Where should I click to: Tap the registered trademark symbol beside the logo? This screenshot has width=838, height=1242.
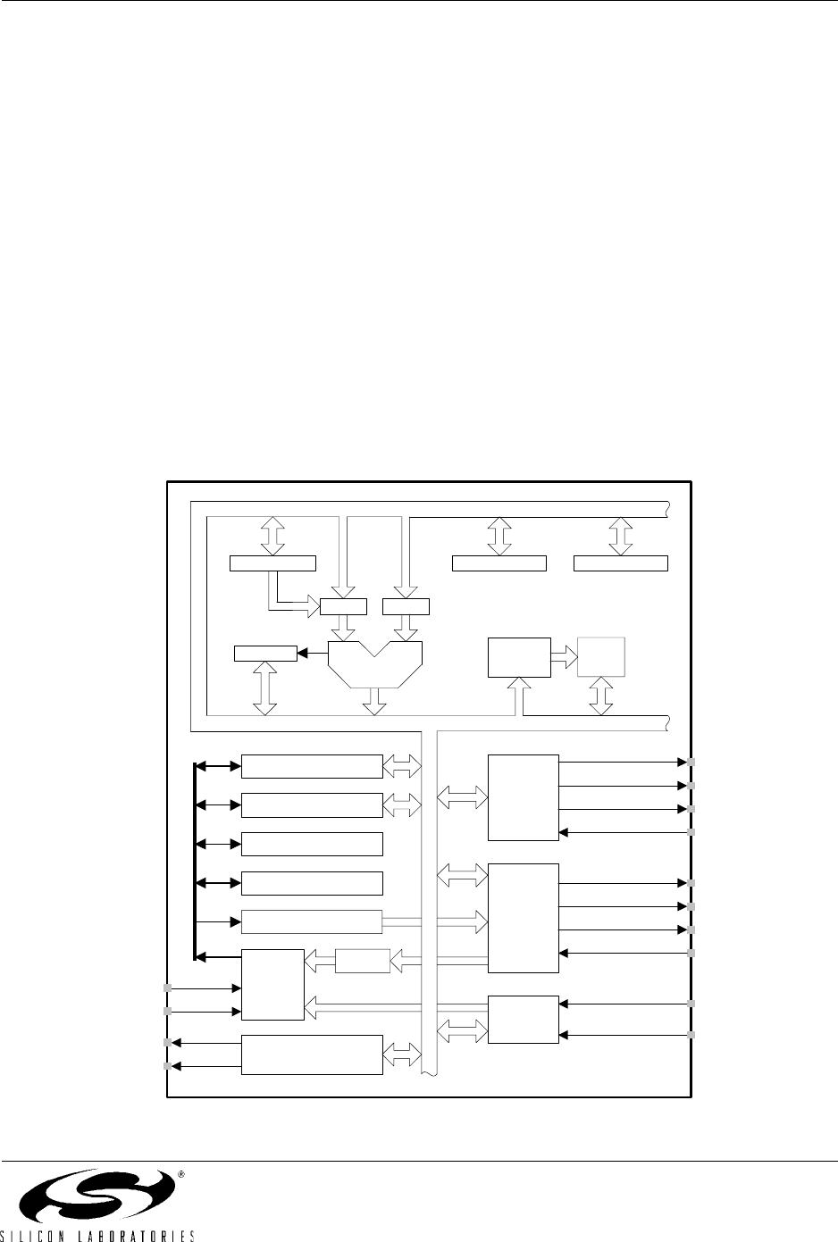point(181,1175)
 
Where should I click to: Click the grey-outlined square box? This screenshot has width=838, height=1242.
point(602,658)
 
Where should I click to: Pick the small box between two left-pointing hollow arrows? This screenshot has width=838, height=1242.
point(363,961)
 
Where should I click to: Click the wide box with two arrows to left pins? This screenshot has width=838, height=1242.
point(312,1054)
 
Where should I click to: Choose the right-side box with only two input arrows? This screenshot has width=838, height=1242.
point(524,1019)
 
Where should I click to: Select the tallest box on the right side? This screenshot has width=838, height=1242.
point(524,918)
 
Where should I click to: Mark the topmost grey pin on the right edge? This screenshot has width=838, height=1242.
point(691,763)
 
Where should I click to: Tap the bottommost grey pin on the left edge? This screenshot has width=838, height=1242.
point(167,1066)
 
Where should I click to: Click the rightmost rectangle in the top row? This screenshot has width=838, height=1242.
point(620,563)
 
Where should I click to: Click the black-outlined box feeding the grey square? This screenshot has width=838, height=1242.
point(520,658)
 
